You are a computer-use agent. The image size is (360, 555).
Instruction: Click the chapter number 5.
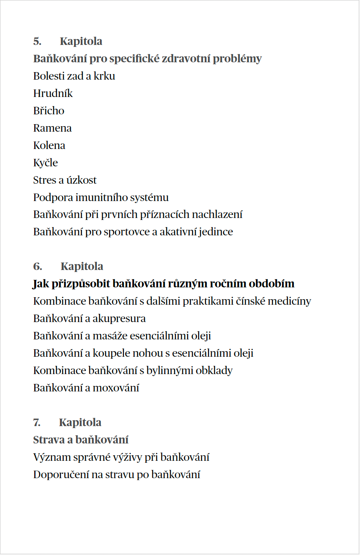[x=37, y=41]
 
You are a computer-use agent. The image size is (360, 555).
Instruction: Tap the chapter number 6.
[x=37, y=266]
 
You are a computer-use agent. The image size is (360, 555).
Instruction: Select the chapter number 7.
[x=37, y=423]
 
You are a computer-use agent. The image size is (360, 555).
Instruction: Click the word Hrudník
[x=53, y=93]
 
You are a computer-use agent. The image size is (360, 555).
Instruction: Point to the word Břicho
[x=48, y=111]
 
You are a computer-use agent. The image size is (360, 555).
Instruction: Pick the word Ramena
[x=52, y=128]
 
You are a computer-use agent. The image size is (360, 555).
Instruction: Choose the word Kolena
[x=49, y=145]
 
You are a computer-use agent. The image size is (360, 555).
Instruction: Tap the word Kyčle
[x=45, y=163]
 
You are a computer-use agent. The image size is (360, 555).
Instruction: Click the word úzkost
[x=81, y=180]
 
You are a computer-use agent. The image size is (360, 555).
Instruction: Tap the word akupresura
[x=119, y=318]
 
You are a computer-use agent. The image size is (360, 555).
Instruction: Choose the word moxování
[x=116, y=388]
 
